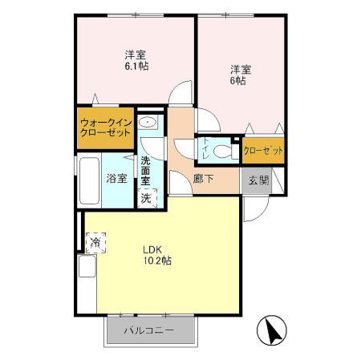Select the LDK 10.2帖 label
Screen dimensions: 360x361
pos(157,254)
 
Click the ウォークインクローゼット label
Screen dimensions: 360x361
pos(104,127)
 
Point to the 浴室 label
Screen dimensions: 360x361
pos(117,179)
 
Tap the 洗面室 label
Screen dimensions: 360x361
pos(146,171)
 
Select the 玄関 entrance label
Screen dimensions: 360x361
pos(258,180)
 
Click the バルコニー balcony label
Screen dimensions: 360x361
pos(149,330)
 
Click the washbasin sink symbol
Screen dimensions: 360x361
pos(147,123)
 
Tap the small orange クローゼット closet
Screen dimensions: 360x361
pos(262,150)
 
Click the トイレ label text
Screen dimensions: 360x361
pos(205,150)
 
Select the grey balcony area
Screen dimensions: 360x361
pos(150,330)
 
